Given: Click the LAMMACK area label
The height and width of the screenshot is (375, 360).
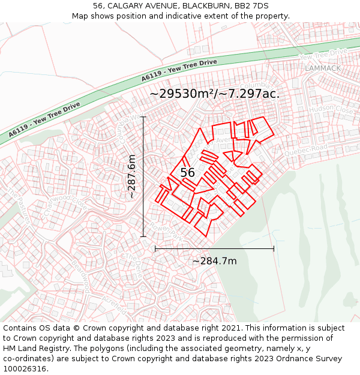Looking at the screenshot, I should tap(322, 68).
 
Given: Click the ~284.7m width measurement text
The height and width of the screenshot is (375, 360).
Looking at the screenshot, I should tap(214, 261).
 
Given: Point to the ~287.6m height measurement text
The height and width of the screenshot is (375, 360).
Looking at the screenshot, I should tap(131, 176).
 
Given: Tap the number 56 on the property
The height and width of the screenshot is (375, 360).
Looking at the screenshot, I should tap(187, 173).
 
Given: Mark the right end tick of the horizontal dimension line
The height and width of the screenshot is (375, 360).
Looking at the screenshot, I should tap(274, 248).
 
